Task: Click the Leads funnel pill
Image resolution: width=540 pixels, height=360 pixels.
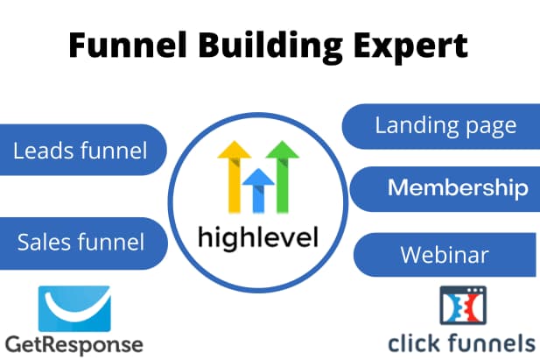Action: tap(81, 151)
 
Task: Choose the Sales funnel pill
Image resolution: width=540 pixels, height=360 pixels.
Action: tap(81, 241)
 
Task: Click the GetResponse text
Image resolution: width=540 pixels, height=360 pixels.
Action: tap(74, 343)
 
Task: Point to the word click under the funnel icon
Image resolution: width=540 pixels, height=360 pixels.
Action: tap(415, 342)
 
